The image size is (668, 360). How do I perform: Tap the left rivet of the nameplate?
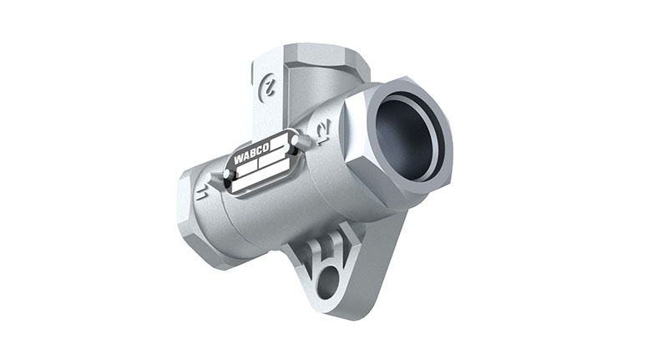coord(226,174)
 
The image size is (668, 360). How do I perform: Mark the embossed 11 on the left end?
coord(200,193)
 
